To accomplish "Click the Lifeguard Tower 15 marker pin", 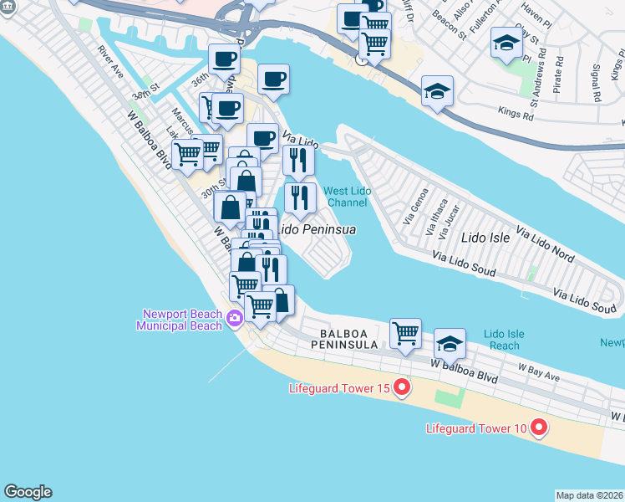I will [402, 387].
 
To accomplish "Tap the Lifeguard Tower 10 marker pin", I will [538, 428].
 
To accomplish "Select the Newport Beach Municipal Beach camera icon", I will [234, 317].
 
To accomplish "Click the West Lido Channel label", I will [347, 197].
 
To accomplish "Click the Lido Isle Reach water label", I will [504, 340].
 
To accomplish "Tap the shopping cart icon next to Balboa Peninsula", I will [405, 332].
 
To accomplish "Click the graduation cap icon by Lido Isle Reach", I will [450, 342].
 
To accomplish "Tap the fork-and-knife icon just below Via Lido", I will [298, 159].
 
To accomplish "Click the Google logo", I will [28, 492].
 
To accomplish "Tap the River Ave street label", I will [110, 62].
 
